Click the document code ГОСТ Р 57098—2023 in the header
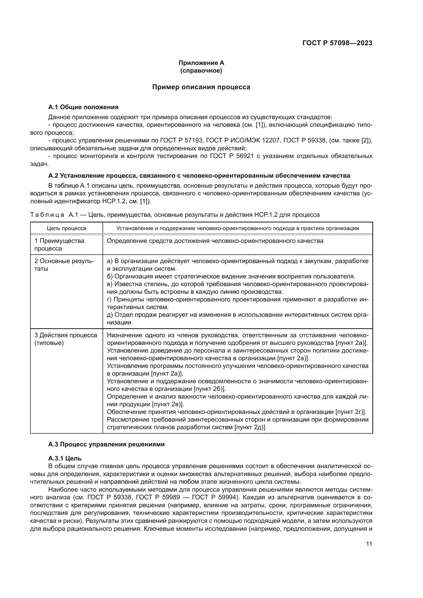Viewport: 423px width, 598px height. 337,43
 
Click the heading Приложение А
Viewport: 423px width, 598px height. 201,63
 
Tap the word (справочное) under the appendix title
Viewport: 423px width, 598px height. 201,71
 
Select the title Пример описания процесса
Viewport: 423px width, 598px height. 201,87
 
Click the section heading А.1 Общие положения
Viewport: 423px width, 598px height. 83,107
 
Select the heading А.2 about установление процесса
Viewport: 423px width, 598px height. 199,176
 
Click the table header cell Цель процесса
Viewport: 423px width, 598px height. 66,228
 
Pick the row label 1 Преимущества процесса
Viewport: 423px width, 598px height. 59,244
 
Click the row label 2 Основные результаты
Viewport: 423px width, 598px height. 64,265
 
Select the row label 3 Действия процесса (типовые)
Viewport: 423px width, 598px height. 65,339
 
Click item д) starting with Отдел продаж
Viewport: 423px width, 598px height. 237,315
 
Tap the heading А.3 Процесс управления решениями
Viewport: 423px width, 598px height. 106,444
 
